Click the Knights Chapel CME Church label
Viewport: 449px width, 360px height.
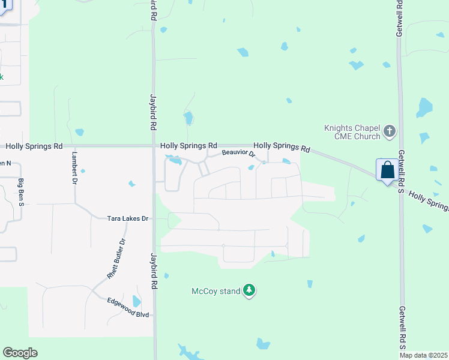[352, 132]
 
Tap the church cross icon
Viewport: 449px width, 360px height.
[390, 131]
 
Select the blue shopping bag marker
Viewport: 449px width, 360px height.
[388, 169]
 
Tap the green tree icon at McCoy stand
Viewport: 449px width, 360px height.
[249, 291]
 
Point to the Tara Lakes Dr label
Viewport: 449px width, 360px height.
[127, 219]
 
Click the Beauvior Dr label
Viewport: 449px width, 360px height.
[239, 154]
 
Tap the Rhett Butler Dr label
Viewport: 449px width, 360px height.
[116, 258]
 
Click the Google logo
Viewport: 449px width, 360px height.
[20, 353]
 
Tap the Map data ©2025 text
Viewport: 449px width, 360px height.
[423, 355]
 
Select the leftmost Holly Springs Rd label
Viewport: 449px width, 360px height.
[34, 146]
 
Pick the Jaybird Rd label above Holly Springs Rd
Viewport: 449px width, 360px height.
[153, 112]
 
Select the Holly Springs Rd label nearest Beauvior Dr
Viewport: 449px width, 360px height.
[282, 146]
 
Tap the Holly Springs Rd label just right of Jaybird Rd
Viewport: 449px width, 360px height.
[188, 146]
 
